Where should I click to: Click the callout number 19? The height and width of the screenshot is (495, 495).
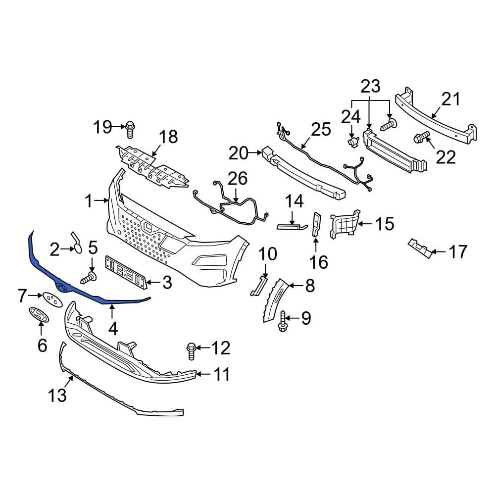(x=103, y=127)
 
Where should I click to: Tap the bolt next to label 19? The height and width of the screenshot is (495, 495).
(x=131, y=129)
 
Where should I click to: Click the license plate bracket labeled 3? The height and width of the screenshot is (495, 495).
(x=126, y=272)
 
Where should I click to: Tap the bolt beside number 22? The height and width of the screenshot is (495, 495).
(x=420, y=137)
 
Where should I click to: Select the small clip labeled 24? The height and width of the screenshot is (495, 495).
(x=352, y=143)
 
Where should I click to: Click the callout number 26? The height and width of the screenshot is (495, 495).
(x=237, y=178)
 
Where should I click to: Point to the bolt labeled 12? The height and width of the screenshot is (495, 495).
(x=192, y=351)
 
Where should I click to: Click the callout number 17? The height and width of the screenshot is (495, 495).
(x=458, y=252)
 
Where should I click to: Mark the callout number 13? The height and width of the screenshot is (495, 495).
(x=57, y=396)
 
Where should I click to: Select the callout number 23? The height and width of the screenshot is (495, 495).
(x=370, y=86)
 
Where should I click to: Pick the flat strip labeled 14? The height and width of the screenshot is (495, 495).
(x=292, y=227)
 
